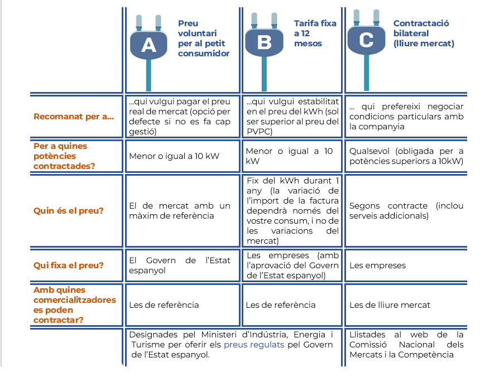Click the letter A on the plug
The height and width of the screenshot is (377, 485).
pos(148,45)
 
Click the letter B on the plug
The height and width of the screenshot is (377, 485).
pos(264,42)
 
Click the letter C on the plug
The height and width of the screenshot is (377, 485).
pos(366,40)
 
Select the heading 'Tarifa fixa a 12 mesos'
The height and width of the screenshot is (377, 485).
pos(315,33)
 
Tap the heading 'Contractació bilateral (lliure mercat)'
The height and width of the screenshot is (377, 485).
pos(424,33)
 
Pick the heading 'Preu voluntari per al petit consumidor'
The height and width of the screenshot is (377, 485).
pos(204,38)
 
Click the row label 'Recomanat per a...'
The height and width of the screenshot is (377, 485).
pos(74,117)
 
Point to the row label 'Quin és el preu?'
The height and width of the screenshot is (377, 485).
pos(68,211)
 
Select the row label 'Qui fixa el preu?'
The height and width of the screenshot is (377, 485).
pos(68,265)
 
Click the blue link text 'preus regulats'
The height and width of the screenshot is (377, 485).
pos(254,345)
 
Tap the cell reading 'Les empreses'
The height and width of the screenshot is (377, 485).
pos(378,265)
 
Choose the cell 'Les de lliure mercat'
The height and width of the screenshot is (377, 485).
pos(390,305)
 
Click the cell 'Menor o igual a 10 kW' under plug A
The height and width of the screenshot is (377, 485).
pos(174,156)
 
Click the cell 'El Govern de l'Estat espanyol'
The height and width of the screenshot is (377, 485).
pos(180,265)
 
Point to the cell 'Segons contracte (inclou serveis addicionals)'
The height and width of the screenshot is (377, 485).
pos(406,211)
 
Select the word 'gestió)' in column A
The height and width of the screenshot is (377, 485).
pos(142,132)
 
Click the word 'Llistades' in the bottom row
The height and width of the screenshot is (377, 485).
pos(367,335)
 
